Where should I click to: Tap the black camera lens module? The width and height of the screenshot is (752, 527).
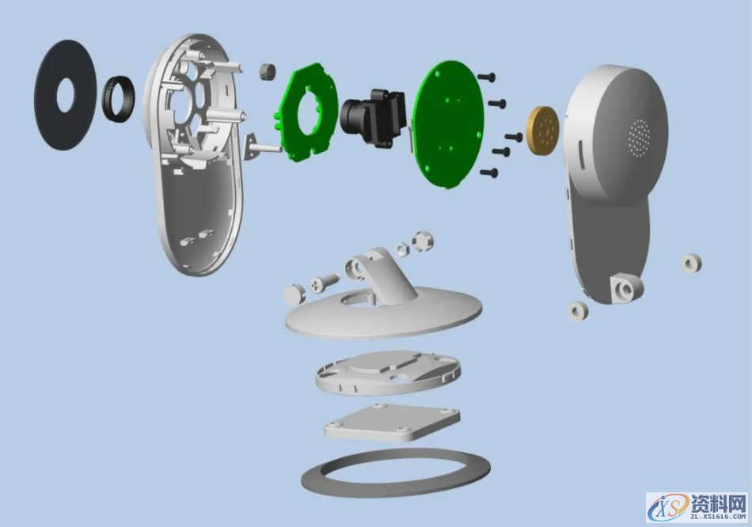(x=374, y=116)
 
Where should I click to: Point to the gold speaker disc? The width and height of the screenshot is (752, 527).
(x=543, y=130)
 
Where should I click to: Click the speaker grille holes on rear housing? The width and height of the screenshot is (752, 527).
(x=640, y=137)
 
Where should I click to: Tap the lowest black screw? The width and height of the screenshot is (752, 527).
(x=488, y=172)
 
